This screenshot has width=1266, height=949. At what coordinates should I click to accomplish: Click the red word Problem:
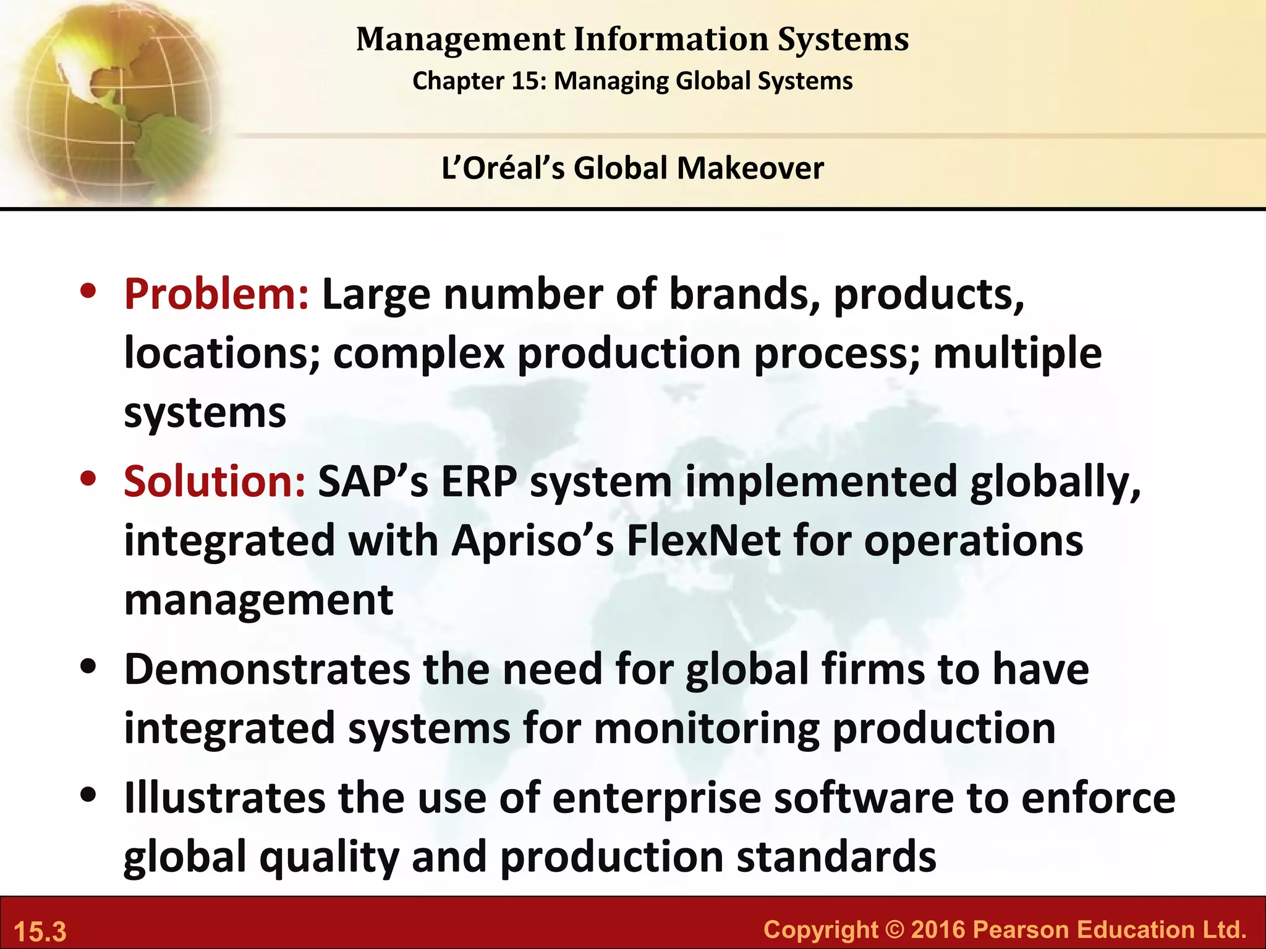[x=216, y=294]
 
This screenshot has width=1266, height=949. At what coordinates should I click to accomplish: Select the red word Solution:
[x=215, y=481]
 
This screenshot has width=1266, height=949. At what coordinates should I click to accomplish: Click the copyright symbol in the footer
[x=894, y=930]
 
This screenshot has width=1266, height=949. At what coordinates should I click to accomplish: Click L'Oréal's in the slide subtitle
[x=503, y=168]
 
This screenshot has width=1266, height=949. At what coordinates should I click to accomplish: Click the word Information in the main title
[x=671, y=40]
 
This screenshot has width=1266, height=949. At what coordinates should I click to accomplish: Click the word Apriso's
[x=532, y=541]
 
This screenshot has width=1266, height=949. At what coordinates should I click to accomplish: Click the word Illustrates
[x=224, y=798]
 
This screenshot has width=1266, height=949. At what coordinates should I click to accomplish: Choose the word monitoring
[x=707, y=729]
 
